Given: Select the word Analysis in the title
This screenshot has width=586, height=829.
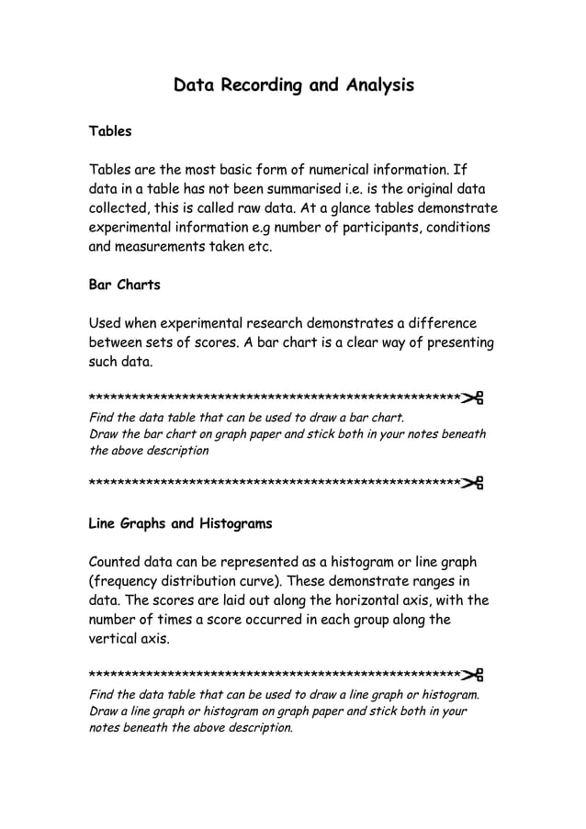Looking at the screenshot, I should tap(380, 85).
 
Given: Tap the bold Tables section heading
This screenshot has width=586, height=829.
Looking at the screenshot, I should tap(110, 131).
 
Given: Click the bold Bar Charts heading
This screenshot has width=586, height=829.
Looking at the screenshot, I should tap(124, 285).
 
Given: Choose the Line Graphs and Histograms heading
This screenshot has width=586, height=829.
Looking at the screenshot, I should tap(180, 524).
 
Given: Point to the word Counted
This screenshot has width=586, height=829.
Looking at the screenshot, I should tap(118, 562).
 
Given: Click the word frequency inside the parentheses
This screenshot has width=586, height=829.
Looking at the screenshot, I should tap(129, 581).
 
